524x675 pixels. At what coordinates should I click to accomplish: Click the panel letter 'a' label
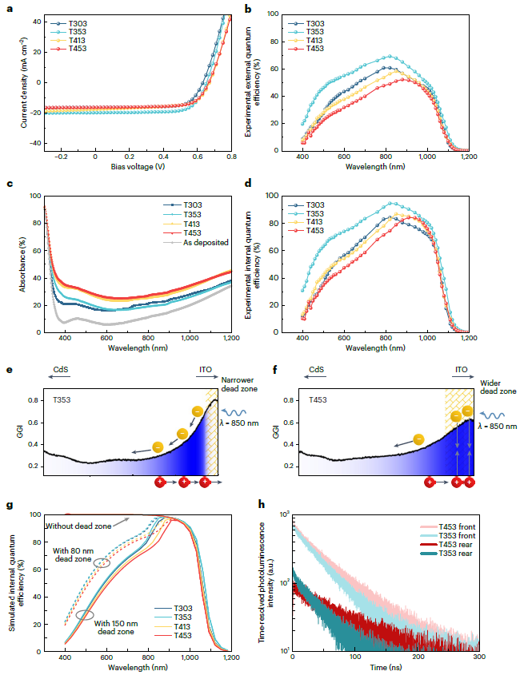pos(8,9)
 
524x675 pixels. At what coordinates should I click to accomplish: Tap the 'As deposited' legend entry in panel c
pos(207,241)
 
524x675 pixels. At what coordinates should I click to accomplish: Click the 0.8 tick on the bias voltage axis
pos(230,159)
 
